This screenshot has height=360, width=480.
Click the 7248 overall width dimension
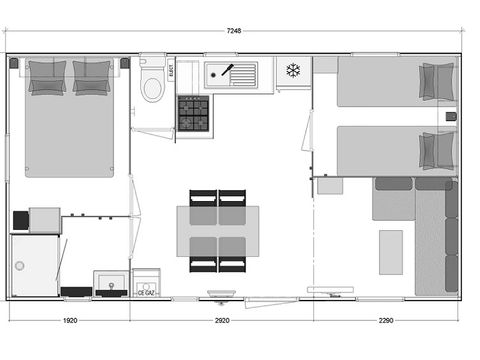coord(234,31)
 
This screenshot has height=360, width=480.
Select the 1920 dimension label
coord(70,321)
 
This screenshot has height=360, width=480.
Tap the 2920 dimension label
coord(222,321)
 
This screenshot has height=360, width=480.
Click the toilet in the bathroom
coord(152,85)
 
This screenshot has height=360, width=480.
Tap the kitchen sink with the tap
coord(230,74)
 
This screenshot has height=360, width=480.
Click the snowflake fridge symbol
coord(294,70)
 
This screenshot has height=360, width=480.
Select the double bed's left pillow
coord(47,77)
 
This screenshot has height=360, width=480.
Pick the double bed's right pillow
coord(92,77)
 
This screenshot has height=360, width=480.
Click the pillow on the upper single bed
coord(436,81)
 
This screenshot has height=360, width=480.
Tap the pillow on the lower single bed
coord(436,150)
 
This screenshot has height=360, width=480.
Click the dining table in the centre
coord(218,230)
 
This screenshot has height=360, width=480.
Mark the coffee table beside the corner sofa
coord(391,248)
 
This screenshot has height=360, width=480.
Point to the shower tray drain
coord(19,266)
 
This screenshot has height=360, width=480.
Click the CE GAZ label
coord(146,293)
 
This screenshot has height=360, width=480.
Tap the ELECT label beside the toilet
coord(170,70)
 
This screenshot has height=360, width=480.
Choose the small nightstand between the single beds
coord(450,117)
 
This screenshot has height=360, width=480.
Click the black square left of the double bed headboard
coord(14,63)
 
